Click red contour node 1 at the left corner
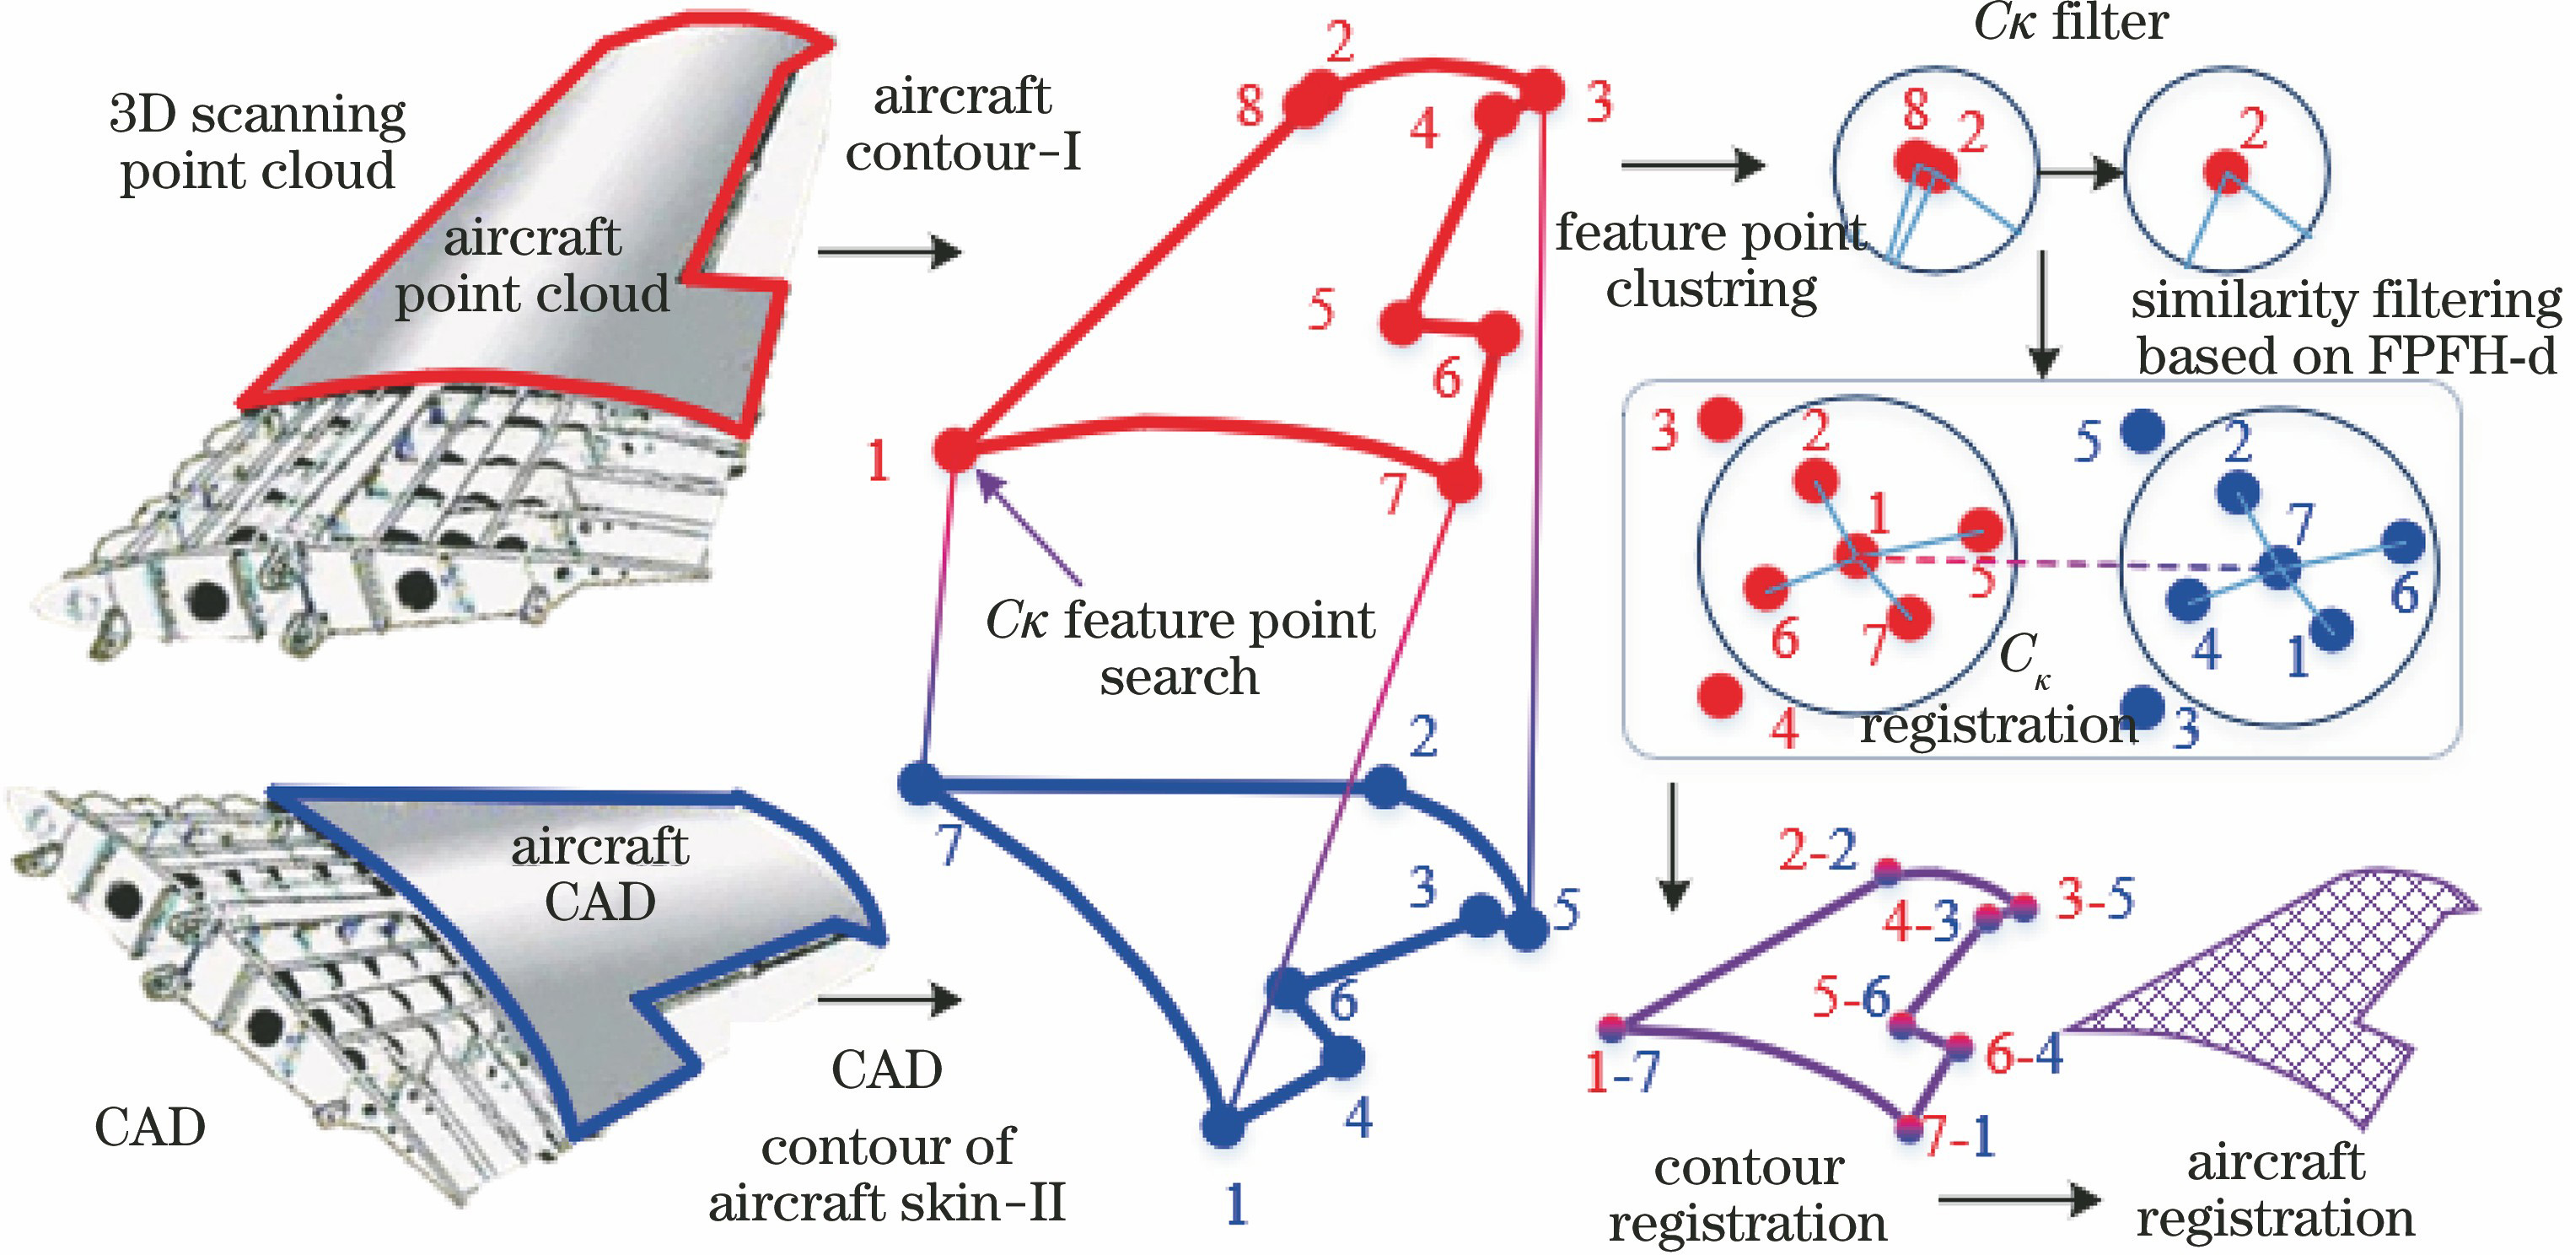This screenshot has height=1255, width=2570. [x=954, y=450]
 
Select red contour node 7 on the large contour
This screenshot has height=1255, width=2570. [x=1460, y=482]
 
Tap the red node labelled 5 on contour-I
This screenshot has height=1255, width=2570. [x=1401, y=322]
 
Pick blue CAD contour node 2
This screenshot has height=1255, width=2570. [x=1384, y=786]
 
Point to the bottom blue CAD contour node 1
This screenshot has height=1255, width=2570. [x=1222, y=1128]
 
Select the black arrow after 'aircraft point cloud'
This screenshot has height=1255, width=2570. [x=888, y=251]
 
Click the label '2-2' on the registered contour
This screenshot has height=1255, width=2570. [x=1818, y=850]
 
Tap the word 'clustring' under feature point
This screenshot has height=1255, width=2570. [x=1711, y=290]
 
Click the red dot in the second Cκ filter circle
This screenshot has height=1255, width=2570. [x=2226, y=171]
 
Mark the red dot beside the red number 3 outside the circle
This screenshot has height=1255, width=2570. [x=1720, y=420]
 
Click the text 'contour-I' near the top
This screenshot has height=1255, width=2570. [x=963, y=153]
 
